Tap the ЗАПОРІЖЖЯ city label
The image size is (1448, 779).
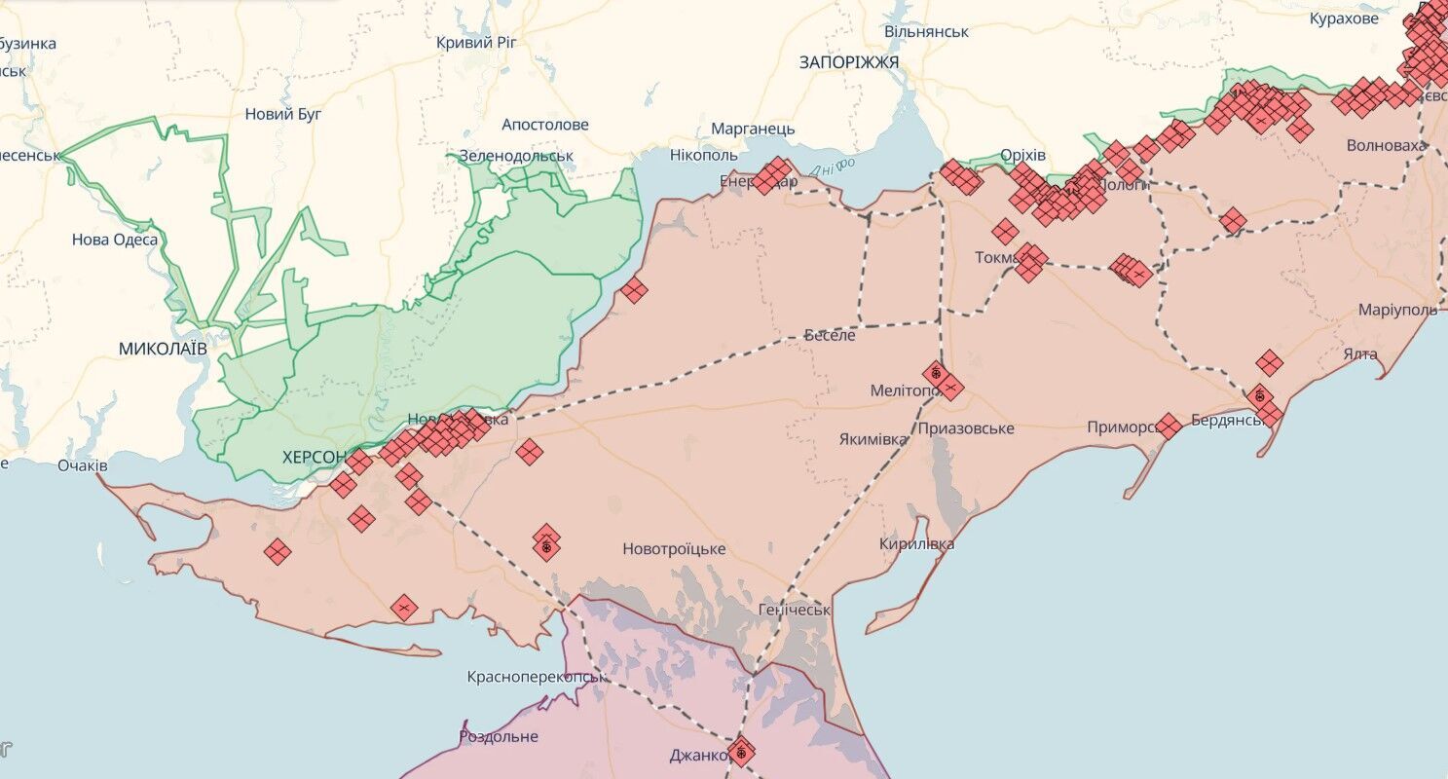[x=849, y=62]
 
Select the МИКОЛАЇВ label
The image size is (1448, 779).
[x=163, y=348]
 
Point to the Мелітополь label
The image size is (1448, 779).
[x=904, y=390]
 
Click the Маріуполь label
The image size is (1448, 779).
[x=1397, y=310]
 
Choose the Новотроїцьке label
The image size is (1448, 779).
[x=674, y=549]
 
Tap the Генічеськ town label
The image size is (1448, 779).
[x=794, y=611]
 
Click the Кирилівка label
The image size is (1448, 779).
[x=916, y=544]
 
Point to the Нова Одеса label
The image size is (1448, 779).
[x=115, y=240]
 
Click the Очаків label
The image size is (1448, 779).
[x=82, y=465]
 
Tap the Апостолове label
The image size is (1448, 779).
[x=545, y=125]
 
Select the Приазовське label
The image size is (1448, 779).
[x=965, y=428]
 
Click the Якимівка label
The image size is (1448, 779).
[x=873, y=439]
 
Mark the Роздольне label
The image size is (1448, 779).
[x=499, y=736]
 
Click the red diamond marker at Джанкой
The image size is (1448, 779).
[x=742, y=752]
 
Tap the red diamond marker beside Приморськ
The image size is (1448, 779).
[x=1169, y=427]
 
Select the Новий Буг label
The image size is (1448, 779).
[x=283, y=114]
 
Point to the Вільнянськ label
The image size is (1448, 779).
[x=926, y=31]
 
